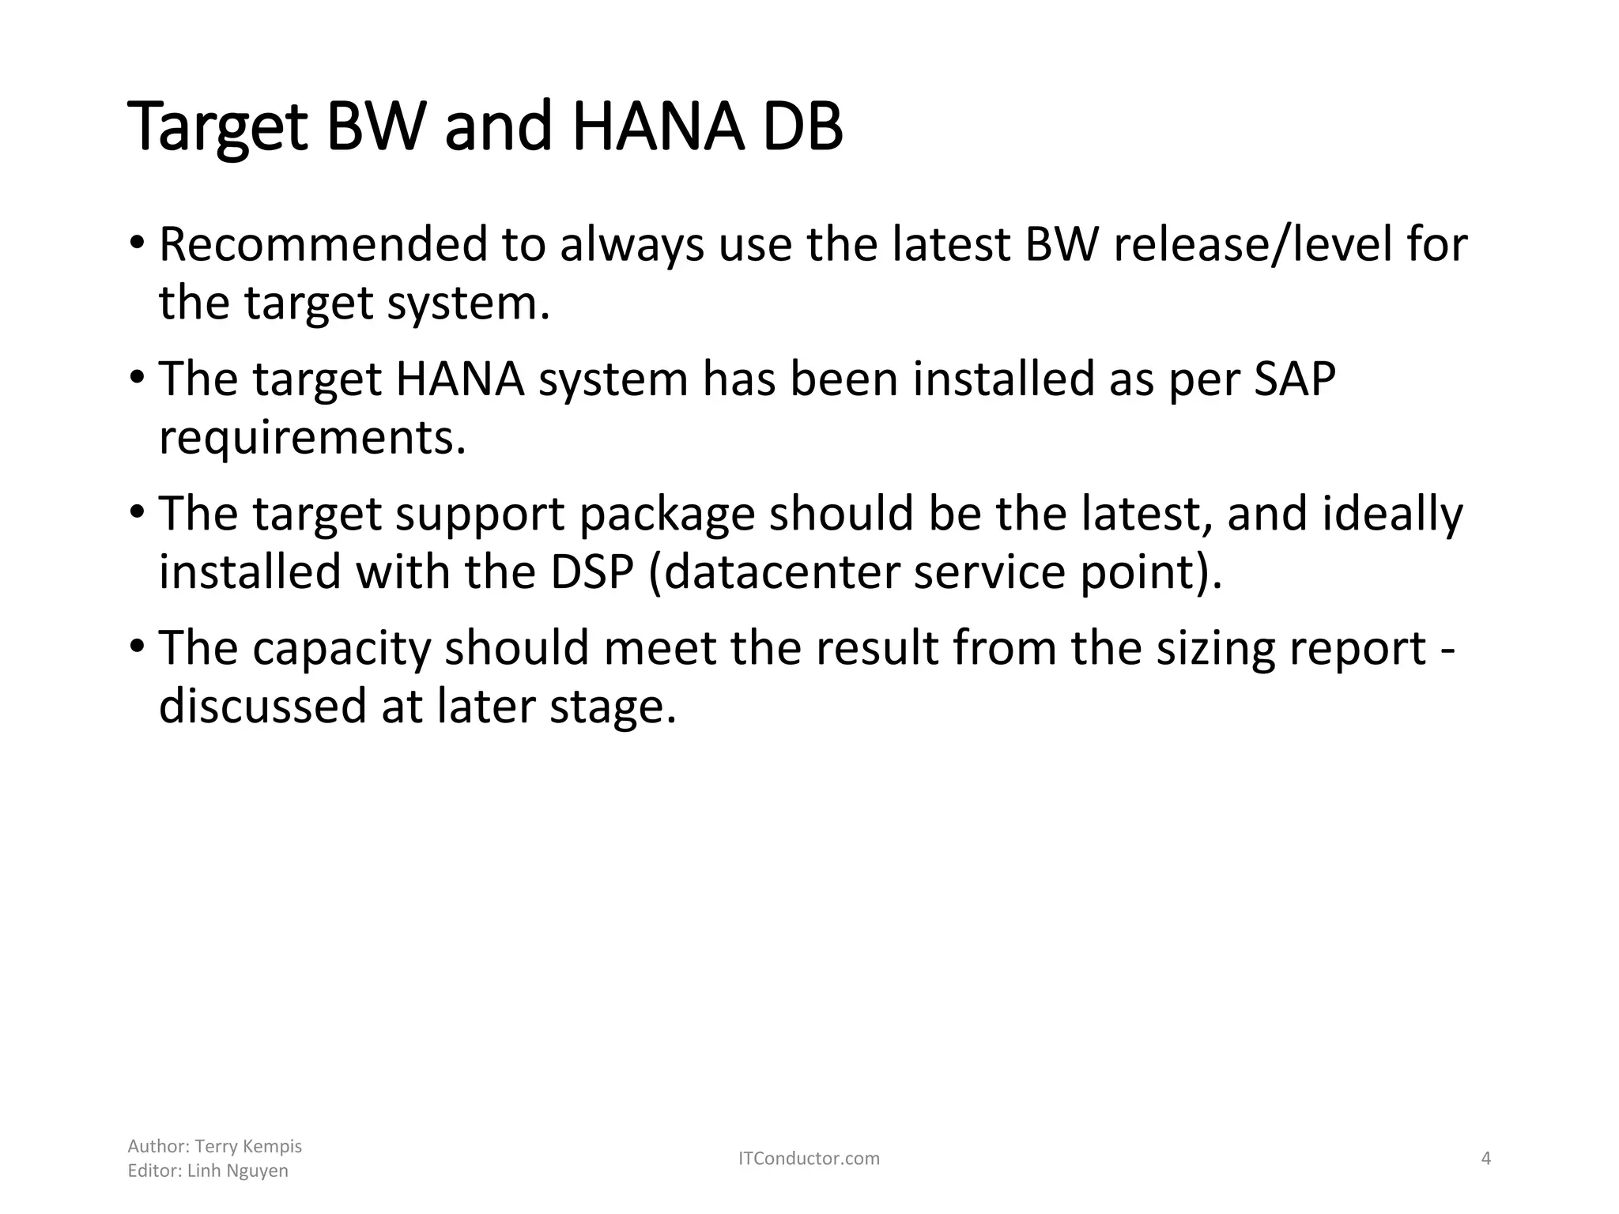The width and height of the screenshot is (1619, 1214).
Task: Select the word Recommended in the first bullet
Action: [x=323, y=244]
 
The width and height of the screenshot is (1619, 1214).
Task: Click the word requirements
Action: [x=312, y=437]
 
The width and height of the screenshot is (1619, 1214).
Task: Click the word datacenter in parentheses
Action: [x=783, y=571]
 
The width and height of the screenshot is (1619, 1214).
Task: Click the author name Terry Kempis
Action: [x=248, y=1146]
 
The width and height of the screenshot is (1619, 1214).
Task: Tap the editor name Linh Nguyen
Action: [x=237, y=1171]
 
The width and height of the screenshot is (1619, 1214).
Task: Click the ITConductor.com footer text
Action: [x=809, y=1159]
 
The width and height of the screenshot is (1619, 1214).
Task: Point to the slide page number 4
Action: [x=1485, y=1159]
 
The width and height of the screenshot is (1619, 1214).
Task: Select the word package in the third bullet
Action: [x=667, y=514]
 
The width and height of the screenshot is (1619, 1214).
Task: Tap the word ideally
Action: [x=1392, y=514]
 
